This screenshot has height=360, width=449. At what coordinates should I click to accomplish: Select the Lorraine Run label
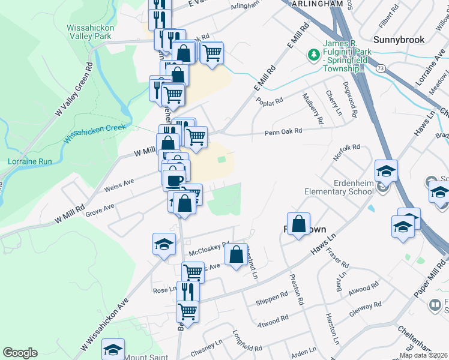pyautogui.click(x=26, y=161)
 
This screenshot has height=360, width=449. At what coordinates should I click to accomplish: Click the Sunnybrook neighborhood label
pyautogui.click(x=399, y=40)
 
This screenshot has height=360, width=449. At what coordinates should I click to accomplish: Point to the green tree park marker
pyautogui.click(x=313, y=55)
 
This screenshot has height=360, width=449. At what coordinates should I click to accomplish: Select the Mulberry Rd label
pyautogui.click(x=313, y=105)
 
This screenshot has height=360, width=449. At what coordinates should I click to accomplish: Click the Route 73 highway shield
pyautogui.click(x=381, y=70)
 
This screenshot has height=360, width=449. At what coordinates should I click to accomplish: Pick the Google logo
pyautogui.click(x=20, y=353)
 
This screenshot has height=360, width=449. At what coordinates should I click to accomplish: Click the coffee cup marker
pyautogui.click(x=174, y=179)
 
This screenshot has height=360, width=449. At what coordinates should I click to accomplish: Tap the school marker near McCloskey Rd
pyautogui.click(x=164, y=244)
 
